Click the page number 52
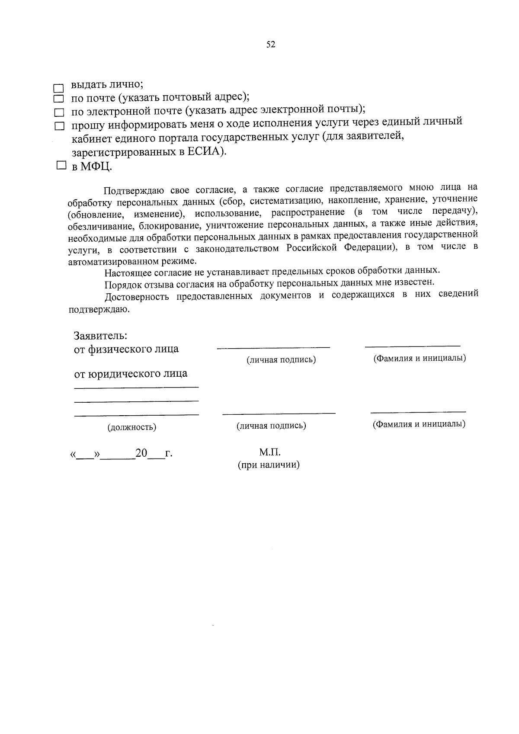pyautogui.click(x=271, y=45)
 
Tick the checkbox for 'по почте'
pyautogui.click(x=58, y=100)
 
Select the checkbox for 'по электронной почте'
pyautogui.click(x=58, y=113)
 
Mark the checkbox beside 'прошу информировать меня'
pyautogui.click(x=59, y=126)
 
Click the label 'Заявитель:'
pyautogui.click(x=100, y=336)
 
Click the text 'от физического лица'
pyautogui.click(x=126, y=349)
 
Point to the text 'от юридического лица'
pyautogui.click(x=131, y=373)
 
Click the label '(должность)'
pyautogui.click(x=132, y=427)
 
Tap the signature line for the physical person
pyautogui.click(x=273, y=346)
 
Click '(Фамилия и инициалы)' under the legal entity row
pyautogui.click(x=419, y=424)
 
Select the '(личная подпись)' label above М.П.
pyautogui.click(x=271, y=426)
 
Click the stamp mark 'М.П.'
pyautogui.click(x=270, y=452)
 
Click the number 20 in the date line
pyautogui.click(x=141, y=453)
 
